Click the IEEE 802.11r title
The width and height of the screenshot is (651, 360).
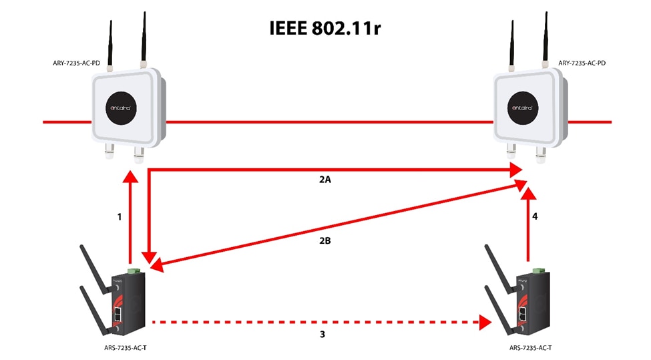[x=325, y=28]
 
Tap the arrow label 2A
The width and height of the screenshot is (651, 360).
[x=325, y=180]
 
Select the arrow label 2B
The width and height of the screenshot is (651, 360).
[x=325, y=240]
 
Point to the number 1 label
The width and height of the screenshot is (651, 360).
[x=120, y=217]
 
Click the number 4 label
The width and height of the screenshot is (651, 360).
[x=535, y=216]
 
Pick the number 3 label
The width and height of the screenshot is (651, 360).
[x=322, y=334]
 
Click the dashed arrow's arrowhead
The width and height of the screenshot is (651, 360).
[x=485, y=322]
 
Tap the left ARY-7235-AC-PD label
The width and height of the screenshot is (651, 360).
[x=76, y=63]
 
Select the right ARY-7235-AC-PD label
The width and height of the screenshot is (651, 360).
[x=582, y=63]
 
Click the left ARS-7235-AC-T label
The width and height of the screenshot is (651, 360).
[x=126, y=348]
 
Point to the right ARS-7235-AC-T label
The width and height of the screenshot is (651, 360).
[x=531, y=348]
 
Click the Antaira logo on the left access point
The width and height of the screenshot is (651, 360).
[x=121, y=108]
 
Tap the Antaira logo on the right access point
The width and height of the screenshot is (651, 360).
[x=523, y=108]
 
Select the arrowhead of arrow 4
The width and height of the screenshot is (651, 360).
[x=529, y=194]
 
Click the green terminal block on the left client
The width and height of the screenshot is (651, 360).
[x=134, y=271]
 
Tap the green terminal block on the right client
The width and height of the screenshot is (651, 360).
[x=539, y=271]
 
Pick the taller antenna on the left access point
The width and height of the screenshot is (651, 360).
[x=144, y=39]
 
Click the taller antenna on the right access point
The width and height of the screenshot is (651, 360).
[x=546, y=39]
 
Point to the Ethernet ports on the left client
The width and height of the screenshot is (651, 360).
[x=118, y=315]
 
